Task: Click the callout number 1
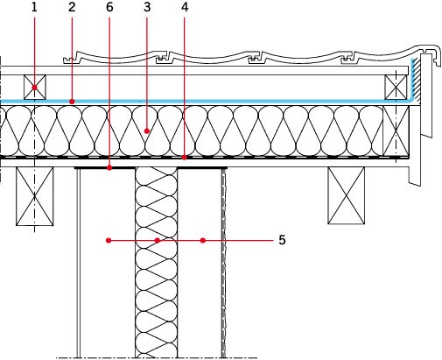34,8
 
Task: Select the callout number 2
72,8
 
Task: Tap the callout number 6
109,8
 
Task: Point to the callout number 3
147,8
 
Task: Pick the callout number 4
185,8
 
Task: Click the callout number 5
282,240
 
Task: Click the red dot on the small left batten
35,88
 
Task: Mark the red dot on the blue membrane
72,102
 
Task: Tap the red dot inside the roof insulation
147,131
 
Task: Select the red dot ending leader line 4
185,158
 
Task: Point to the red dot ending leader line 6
109,168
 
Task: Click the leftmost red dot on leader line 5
109,240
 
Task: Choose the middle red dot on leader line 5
158,240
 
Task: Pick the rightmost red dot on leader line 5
203,240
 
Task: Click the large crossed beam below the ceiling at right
347,195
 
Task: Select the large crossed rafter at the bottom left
35,196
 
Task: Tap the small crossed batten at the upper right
396,88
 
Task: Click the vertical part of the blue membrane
413,79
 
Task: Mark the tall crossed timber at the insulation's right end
396,131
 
